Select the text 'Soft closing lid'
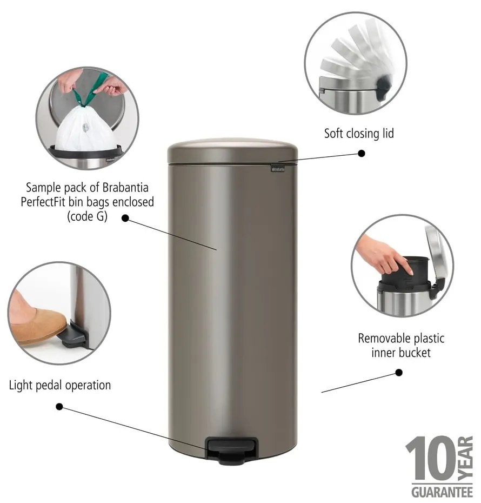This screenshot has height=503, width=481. click(359, 133)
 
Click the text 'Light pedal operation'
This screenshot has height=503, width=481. click(60, 386)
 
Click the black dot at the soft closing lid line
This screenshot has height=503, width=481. click(362, 153)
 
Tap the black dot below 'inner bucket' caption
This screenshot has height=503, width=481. click(399, 372)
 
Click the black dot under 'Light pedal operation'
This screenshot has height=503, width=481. click(59, 406)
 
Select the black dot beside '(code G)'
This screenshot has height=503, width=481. click(125, 218)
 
